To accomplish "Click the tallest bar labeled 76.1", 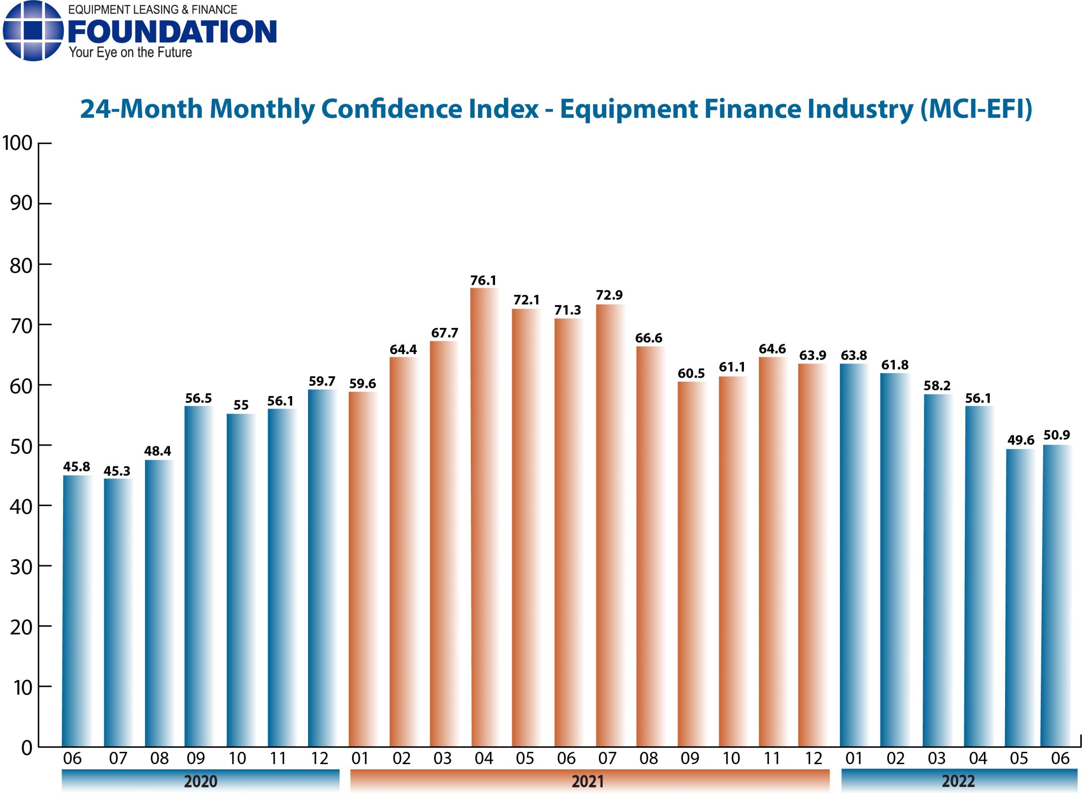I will tap(484, 517).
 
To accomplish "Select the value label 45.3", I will tap(117, 471).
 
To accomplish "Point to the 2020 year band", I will tap(200, 781).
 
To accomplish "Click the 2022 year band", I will tap(958, 781).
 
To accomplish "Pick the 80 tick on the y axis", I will tap(21, 266).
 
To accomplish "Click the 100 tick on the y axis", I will tap(18, 143).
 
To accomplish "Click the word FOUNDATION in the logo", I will tap(172, 32).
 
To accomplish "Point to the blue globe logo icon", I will tap(33, 31).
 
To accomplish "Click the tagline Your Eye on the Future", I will tap(130, 53).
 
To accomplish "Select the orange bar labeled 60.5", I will tap(691, 563).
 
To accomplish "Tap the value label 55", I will tap(240, 405).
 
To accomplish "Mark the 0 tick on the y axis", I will tap(27, 747).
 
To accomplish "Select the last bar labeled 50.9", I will tap(1056, 595).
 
